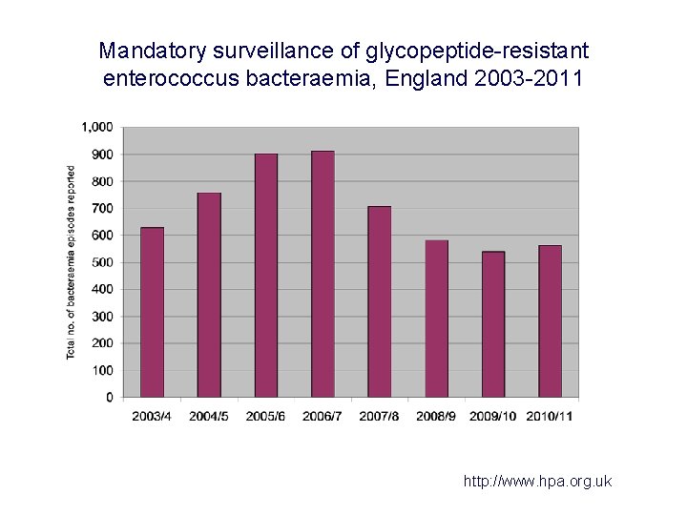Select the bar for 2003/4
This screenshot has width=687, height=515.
[152, 312]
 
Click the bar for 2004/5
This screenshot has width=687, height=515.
[209, 295]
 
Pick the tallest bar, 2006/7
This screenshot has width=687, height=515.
[323, 274]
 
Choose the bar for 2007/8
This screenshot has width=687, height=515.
[380, 301]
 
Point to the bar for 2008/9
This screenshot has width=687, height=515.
[436, 319]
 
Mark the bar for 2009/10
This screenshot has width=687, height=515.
[493, 324]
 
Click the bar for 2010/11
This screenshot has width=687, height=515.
[550, 321]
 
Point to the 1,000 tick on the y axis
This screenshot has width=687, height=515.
[97, 127]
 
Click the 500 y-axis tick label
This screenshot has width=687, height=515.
[102, 262]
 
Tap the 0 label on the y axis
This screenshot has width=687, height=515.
[109, 397]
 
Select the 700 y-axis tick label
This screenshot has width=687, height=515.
[102, 208]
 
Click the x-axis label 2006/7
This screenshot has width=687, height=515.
[323, 416]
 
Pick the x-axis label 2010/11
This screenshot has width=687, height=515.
[551, 416]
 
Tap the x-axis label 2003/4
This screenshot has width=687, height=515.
[152, 416]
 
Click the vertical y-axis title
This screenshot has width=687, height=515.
[72, 262]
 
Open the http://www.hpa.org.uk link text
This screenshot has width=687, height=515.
[537, 482]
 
